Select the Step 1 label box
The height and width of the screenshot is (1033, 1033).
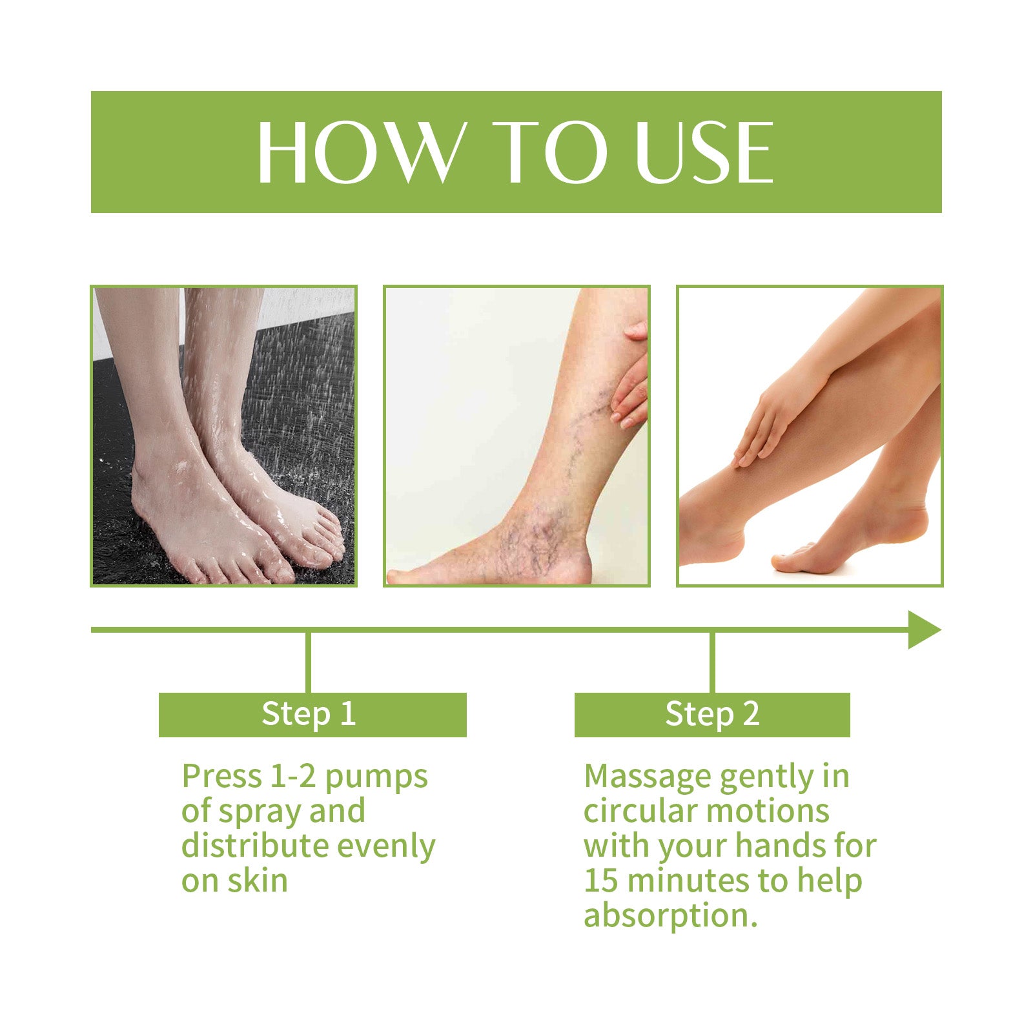[x=312, y=715]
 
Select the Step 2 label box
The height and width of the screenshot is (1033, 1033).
[x=711, y=715]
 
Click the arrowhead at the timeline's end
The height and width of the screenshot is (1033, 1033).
[x=923, y=629]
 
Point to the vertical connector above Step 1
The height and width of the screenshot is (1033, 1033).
[x=308, y=662]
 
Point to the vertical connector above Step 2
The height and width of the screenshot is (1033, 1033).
[x=712, y=662]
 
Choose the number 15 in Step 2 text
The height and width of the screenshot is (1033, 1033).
[x=600, y=881]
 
